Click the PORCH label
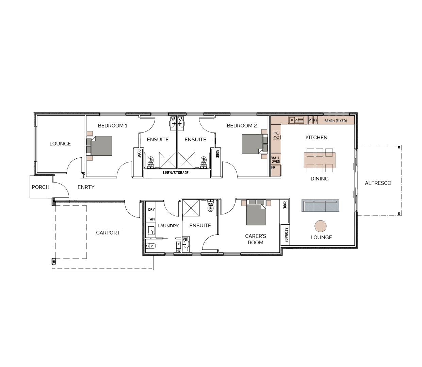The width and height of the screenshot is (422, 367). (x=40, y=187)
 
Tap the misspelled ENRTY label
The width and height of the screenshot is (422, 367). (x=86, y=187)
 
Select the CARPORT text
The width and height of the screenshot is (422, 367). (x=108, y=232)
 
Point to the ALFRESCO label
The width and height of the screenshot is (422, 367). (x=378, y=183)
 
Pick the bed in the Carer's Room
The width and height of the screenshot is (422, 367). (x=256, y=212)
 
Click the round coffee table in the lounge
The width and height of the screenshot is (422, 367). (x=321, y=226)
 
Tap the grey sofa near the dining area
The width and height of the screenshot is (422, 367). (x=320, y=205)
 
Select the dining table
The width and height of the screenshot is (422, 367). (x=320, y=160)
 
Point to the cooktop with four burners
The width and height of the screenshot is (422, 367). (x=277, y=135)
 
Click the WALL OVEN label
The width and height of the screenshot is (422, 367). (x=276, y=160)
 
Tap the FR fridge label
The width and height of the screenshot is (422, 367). (x=273, y=168)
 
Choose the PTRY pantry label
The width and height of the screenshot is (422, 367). (x=313, y=120)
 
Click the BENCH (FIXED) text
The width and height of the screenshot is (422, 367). (x=336, y=121)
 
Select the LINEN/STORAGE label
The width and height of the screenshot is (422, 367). (x=176, y=173)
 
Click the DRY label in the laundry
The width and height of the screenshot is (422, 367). (x=151, y=209)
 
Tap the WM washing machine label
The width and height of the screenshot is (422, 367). (x=152, y=219)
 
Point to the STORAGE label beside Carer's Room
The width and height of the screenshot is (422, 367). (x=286, y=235)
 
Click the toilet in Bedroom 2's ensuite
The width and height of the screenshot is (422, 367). (x=204, y=162)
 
